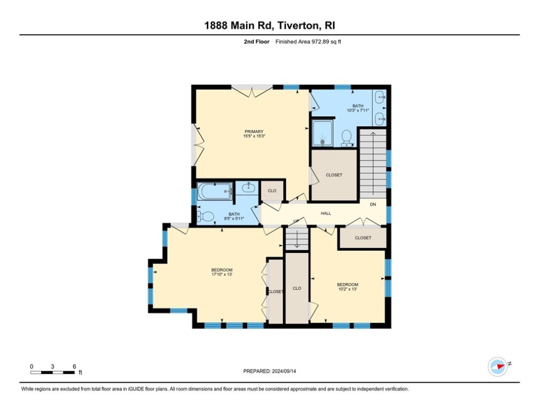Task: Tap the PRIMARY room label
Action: (x=254, y=132)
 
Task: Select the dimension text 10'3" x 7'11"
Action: (x=358, y=110)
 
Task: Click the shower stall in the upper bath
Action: (x=324, y=133)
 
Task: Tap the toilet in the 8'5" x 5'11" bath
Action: (x=205, y=216)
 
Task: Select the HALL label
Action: (x=326, y=213)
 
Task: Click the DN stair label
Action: (x=373, y=204)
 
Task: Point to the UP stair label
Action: (x=296, y=221)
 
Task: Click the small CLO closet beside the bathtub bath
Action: (x=272, y=191)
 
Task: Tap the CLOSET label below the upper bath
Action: (x=334, y=175)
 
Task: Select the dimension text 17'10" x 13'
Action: (x=222, y=275)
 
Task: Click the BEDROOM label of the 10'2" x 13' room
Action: (x=347, y=284)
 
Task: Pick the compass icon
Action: (x=497, y=366)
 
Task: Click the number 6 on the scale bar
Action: (x=74, y=366)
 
